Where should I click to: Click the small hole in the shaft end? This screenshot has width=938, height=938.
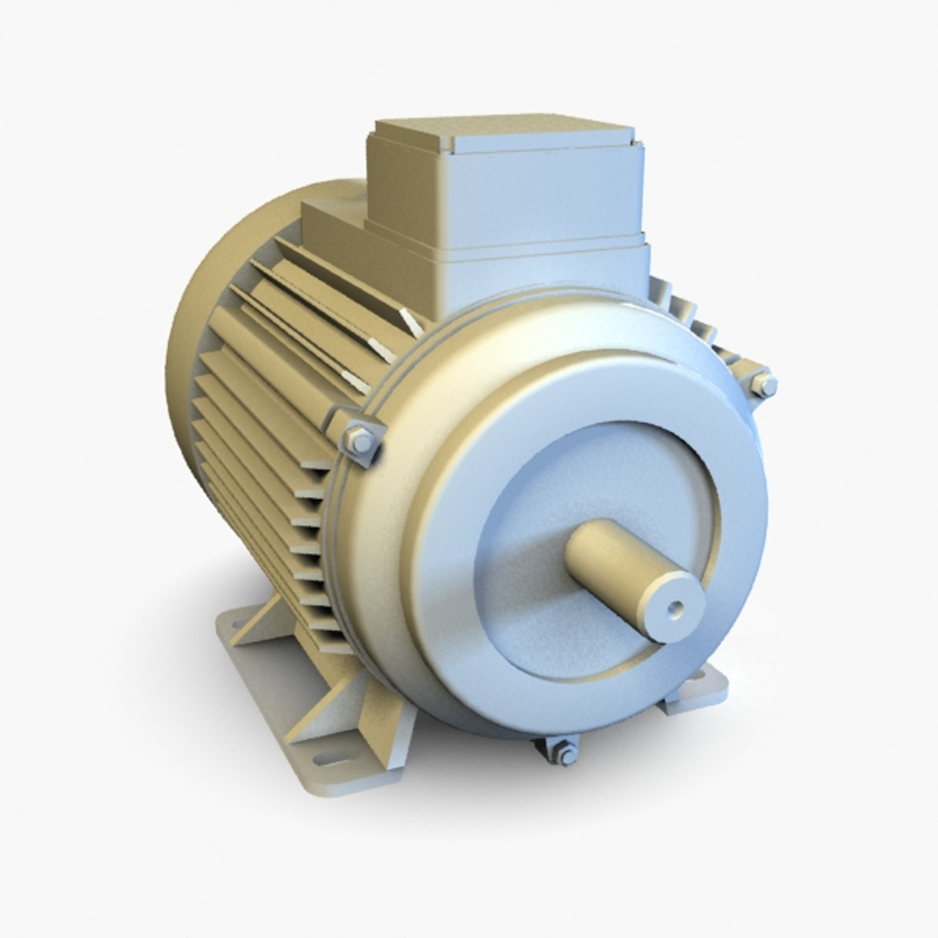pyautogui.click(x=674, y=609)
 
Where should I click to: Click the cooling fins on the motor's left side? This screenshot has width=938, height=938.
pyautogui.click(x=261, y=434)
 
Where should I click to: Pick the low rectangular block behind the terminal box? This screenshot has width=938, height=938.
pyautogui.click(x=330, y=221)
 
